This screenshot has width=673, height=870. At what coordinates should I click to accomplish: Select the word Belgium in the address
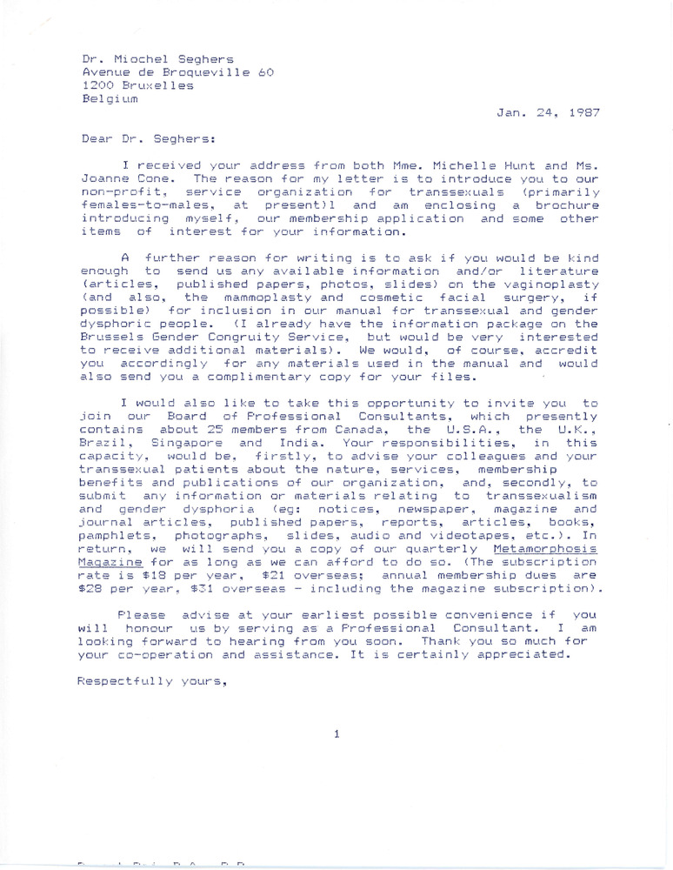[x=110, y=99]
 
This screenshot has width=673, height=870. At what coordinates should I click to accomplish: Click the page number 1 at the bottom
[x=336, y=735]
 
